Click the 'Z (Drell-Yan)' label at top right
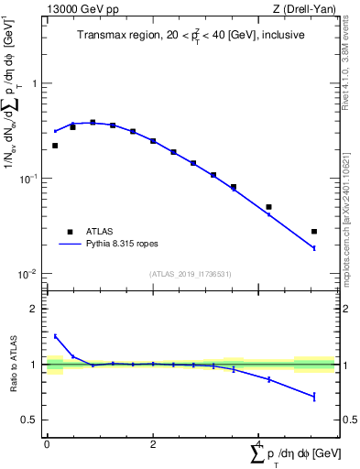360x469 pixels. (x=306, y=9)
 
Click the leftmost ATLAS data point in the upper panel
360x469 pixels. (x=55, y=146)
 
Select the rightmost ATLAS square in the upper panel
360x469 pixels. (x=314, y=232)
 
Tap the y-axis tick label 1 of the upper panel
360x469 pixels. (x=34, y=82)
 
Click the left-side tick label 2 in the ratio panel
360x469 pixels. (x=34, y=309)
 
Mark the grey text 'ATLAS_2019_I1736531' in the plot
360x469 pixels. (x=191, y=274)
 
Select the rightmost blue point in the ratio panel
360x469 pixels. (x=314, y=397)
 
